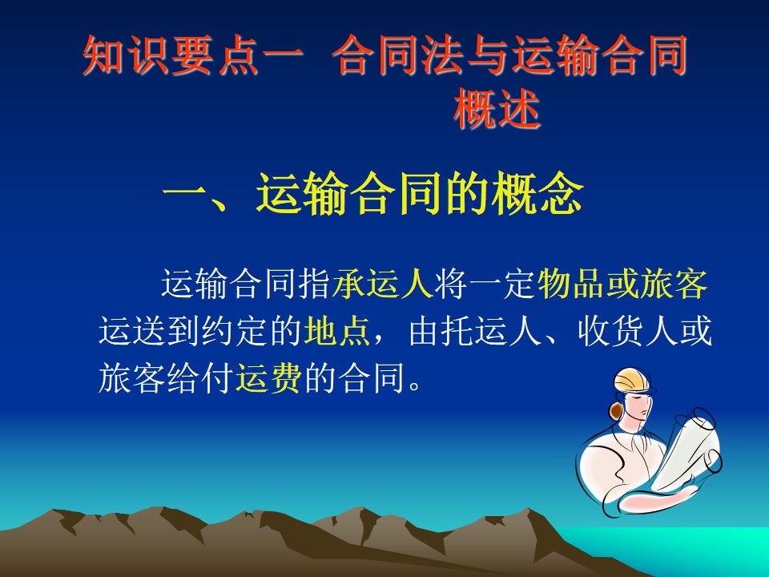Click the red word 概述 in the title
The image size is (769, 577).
pyautogui.click(x=497, y=109)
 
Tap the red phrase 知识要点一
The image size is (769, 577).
pyautogui.click(x=193, y=55)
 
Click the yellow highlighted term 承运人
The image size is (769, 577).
pyautogui.click(x=383, y=284)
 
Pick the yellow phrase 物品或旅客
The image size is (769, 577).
pyautogui.click(x=622, y=284)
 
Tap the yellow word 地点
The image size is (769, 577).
pyautogui.click(x=337, y=331)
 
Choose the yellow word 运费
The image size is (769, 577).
pyautogui.click(x=268, y=377)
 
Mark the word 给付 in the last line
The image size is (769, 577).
pyautogui.click(x=199, y=377)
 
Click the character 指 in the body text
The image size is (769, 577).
pyautogui.click(x=315, y=284)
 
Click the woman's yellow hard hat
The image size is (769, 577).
pyautogui.click(x=634, y=380)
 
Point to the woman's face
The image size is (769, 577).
pyautogui.click(x=638, y=406)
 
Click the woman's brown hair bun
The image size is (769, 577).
pyautogui.click(x=615, y=410)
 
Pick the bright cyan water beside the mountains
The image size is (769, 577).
pyautogui.click(x=686, y=552)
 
